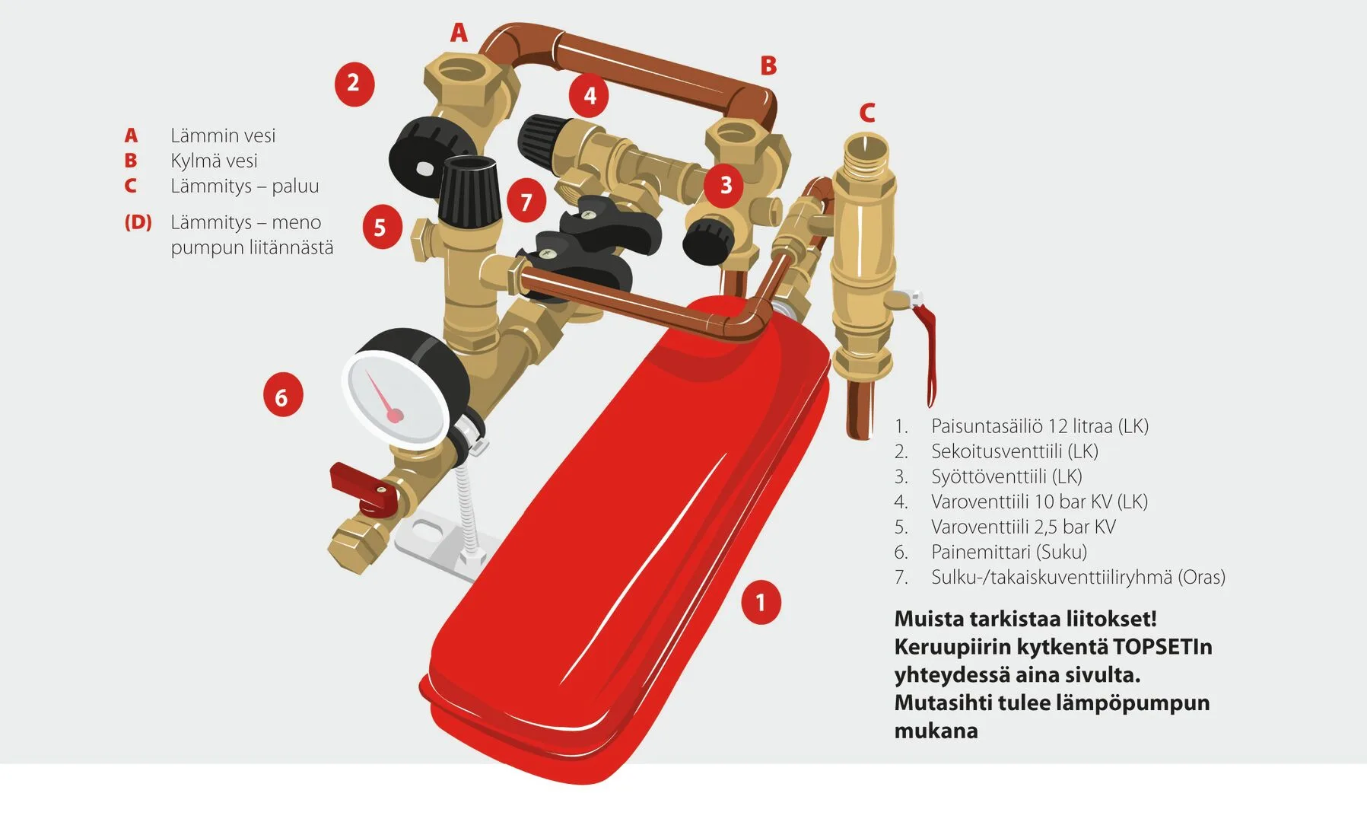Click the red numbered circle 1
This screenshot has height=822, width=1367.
(x=761, y=603)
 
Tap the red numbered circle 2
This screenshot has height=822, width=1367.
(x=354, y=83)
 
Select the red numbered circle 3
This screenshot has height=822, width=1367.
(x=725, y=185)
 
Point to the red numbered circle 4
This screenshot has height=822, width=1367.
(x=590, y=96)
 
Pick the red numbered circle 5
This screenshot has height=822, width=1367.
(x=381, y=228)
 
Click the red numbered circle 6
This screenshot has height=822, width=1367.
(x=282, y=397)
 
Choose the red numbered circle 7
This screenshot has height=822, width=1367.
(x=526, y=202)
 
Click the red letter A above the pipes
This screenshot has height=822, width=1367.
(x=459, y=33)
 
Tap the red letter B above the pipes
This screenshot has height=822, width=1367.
(x=768, y=66)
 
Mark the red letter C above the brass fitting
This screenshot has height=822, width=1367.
(x=866, y=113)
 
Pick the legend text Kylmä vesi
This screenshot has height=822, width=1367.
(x=214, y=161)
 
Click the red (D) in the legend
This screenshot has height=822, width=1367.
(x=138, y=222)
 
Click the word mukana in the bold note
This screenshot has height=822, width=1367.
(x=936, y=731)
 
